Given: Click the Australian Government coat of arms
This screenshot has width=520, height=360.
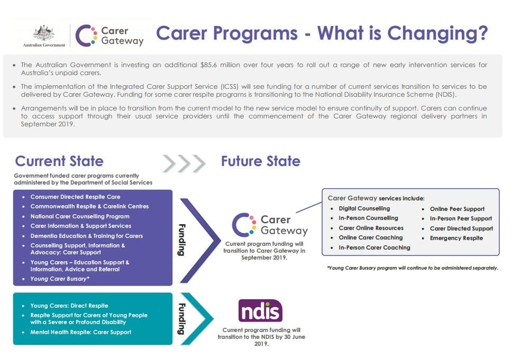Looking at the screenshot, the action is click(44, 33).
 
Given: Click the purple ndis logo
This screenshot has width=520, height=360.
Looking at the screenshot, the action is click(260, 311).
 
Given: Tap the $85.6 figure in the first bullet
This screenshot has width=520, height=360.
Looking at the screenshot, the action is click(208, 65).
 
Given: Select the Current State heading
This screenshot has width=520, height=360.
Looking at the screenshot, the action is click(59, 161).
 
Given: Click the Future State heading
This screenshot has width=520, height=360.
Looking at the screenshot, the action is click(261, 161).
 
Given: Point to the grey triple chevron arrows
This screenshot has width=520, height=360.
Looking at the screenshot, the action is click(184, 163).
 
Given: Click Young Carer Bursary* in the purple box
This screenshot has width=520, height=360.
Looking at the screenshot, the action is click(60, 279).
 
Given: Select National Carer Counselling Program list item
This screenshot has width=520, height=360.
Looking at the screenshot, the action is click(80, 216).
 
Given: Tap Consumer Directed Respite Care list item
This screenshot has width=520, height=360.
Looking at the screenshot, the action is click(75, 197).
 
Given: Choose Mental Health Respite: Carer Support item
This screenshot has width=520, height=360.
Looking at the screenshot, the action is click(81, 332).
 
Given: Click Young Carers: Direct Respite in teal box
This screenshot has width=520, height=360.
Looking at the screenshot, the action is click(69, 306).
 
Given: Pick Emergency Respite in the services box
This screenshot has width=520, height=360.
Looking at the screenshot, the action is click(457, 238).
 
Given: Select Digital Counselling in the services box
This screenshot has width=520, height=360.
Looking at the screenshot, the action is click(364, 208).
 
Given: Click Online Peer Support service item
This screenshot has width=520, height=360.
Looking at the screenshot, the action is click(457, 209).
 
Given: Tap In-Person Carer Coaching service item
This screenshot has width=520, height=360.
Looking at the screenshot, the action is click(375, 247).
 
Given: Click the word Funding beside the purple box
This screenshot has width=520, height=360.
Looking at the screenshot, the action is click(182, 239).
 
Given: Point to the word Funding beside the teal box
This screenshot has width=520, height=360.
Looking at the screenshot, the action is click(182, 319).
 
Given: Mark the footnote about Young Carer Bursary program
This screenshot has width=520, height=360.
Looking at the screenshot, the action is click(413, 268).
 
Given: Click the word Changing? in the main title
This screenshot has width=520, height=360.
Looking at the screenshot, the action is click(438, 34).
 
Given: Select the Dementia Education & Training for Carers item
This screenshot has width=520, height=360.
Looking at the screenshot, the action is click(87, 236).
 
